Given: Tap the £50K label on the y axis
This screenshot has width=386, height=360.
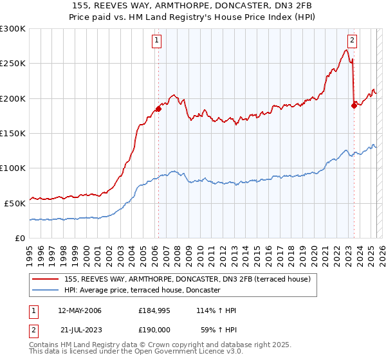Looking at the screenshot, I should pos(15,203).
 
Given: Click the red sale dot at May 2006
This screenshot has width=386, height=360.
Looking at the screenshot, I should pos(158,109).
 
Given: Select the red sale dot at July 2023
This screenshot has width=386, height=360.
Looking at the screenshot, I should pos(354,106).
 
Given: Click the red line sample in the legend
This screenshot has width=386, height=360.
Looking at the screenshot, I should pos(46,279).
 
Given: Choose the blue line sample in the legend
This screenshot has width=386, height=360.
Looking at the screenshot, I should pos(46,291).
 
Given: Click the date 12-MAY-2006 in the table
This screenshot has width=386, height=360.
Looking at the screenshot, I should pos(80,310).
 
